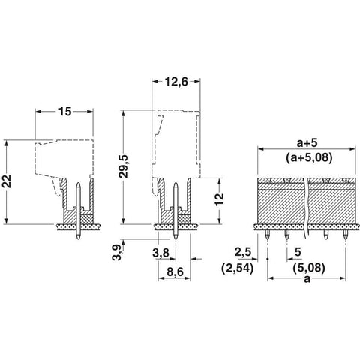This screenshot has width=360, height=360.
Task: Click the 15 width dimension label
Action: tap(65, 112)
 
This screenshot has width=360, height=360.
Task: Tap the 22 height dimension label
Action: tap(7, 181)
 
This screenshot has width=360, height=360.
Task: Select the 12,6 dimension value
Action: tap(176, 82)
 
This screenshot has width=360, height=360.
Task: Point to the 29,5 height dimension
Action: tap(123, 166)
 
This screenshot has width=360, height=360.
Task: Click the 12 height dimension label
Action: tap(220, 199)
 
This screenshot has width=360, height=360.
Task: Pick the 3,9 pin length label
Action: tap(116, 252)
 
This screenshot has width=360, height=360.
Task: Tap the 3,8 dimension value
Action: tap(160, 253)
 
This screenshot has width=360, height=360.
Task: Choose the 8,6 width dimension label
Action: tap(175, 271)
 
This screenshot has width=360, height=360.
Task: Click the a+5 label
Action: tap(307, 143)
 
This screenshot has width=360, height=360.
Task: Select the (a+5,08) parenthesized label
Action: tap(309, 157)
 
